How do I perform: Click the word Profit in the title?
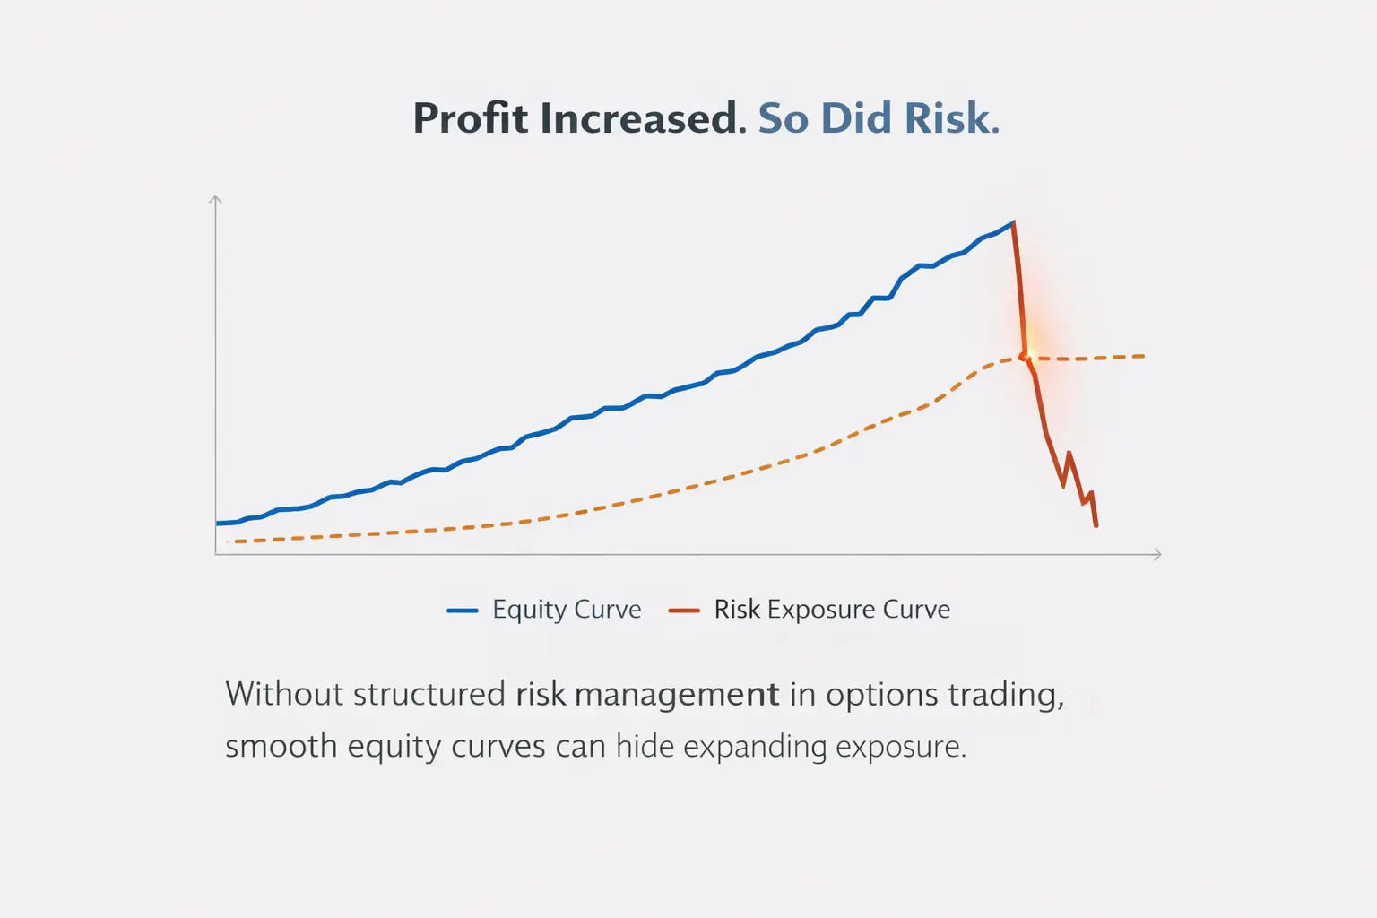point(471,118)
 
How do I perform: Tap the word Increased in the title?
point(642,118)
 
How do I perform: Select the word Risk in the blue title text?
point(950,118)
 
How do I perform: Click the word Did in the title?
point(856,118)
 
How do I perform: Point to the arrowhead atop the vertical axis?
point(215,199)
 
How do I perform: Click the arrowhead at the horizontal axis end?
point(1157,555)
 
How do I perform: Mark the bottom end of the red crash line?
point(1096,526)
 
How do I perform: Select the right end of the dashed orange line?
point(1143,356)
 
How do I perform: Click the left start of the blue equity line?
point(219,523)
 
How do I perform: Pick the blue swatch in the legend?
point(462,611)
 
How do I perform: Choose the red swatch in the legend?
point(684,611)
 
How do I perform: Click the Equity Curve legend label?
point(567,610)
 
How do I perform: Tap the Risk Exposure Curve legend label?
point(832,610)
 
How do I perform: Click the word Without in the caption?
point(276,695)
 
